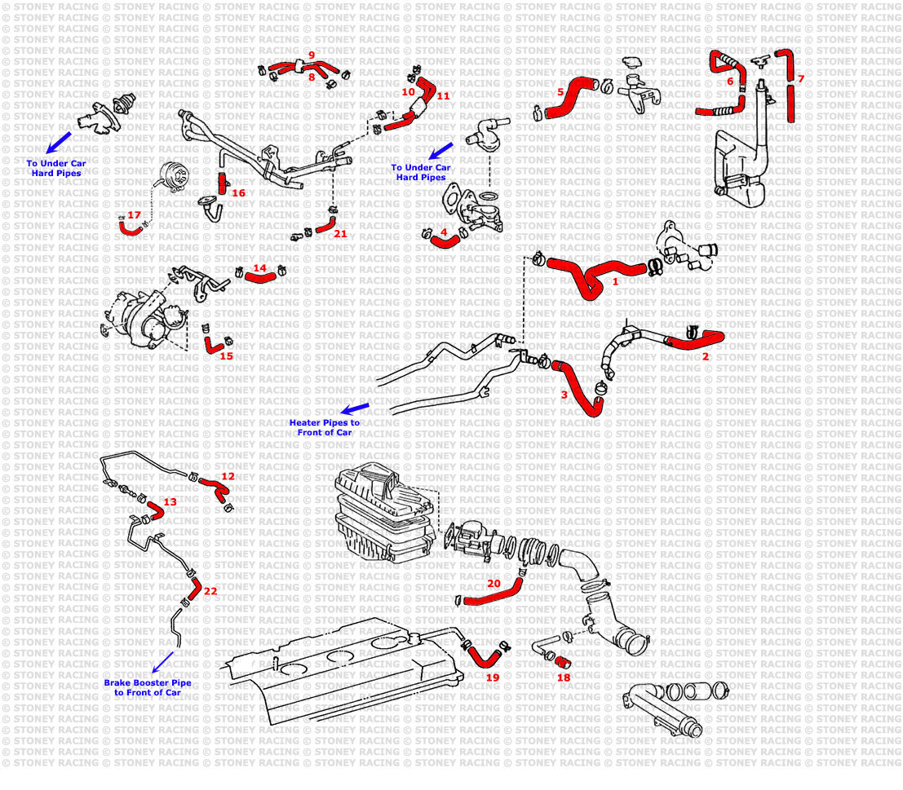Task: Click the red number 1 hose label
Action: (615, 280)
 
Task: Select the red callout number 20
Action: (494, 583)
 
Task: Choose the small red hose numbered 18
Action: (562, 661)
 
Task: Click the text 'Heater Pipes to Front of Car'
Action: (324, 428)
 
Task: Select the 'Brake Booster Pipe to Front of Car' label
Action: (147, 687)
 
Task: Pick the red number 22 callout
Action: (210, 591)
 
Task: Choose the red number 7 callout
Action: (800, 79)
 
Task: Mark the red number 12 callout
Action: (228, 475)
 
